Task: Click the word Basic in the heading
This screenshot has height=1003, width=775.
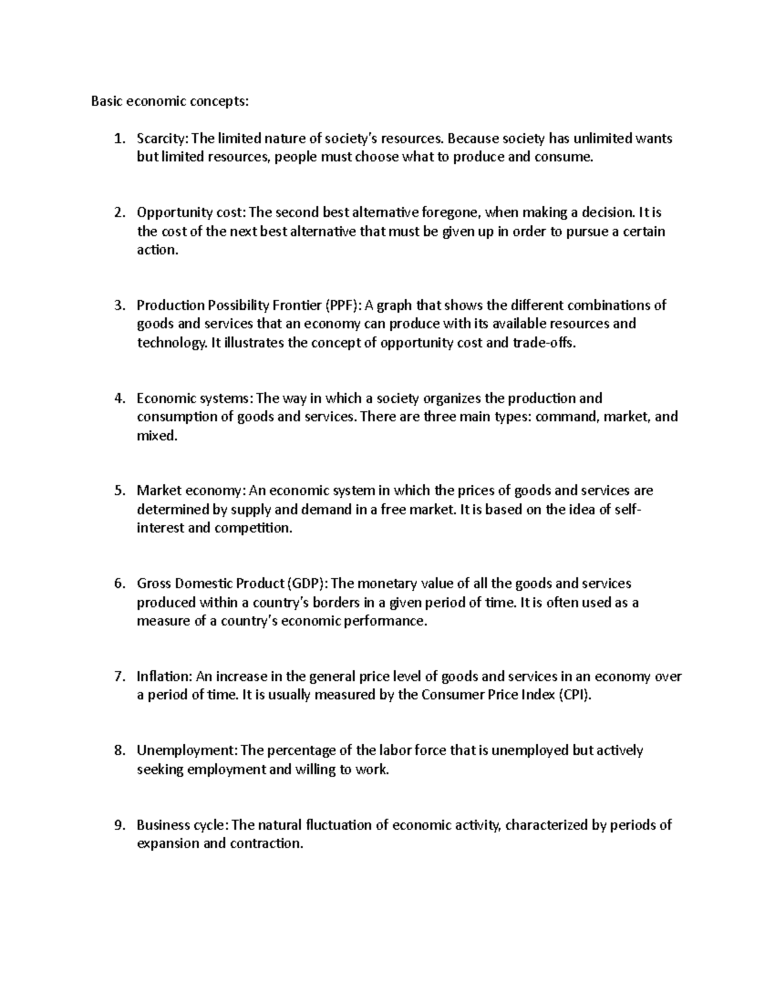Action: pyautogui.click(x=106, y=101)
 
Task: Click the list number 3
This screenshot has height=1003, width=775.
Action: pyautogui.click(x=118, y=305)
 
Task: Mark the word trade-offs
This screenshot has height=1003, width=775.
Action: pyautogui.click(x=542, y=343)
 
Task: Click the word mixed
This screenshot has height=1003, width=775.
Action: pyautogui.click(x=156, y=436)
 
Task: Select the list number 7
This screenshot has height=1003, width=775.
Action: pyautogui.click(x=118, y=677)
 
